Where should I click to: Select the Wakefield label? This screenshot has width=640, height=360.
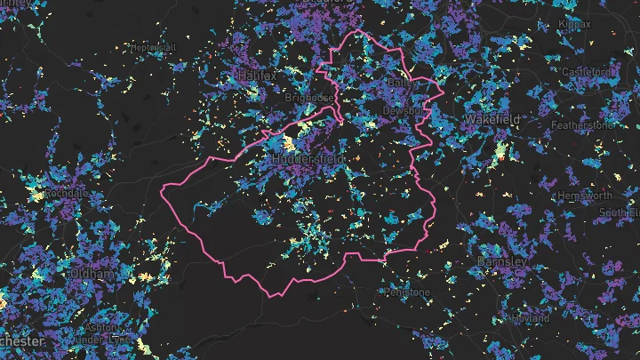[x=492, y=118]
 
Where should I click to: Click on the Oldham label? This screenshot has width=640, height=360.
[x=92, y=275]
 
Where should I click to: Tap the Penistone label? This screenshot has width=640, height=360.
[x=407, y=292]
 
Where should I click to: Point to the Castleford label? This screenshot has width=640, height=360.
[x=588, y=71]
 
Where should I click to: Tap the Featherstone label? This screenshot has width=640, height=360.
[x=583, y=125]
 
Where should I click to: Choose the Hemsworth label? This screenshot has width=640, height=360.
[x=584, y=196]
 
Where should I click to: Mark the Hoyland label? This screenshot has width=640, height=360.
[x=527, y=316]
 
